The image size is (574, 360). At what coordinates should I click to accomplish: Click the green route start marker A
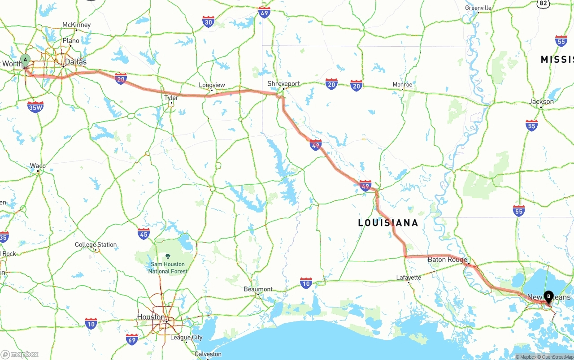pos(26,60)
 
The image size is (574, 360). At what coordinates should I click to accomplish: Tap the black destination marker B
pos(548,296)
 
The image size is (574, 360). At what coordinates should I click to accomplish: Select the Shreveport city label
pos(283,83)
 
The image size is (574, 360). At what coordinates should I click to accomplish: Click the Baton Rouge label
pos(447,260)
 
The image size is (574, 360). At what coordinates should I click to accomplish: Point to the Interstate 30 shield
pos(208,22)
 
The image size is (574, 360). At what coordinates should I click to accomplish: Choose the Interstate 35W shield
pos(35,107)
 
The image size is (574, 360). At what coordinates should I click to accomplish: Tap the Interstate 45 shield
pos(143,234)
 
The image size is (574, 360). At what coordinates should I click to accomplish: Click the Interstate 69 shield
pos(132,339)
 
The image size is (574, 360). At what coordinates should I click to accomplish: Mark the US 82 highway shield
pos(544,3)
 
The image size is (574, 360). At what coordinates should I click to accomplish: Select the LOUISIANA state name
pos(388,223)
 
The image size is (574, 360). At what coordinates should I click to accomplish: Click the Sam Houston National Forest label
pos(168,267)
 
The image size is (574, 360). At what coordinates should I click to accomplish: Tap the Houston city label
pos(151,317)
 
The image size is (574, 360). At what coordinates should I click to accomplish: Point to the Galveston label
pos(208,354)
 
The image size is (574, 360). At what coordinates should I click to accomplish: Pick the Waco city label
pos(38,166)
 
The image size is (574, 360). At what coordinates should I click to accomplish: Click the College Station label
pos(96,245)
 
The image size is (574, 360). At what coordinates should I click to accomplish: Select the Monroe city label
pos(402,84)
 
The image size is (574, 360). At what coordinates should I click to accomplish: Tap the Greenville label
pos(478,8)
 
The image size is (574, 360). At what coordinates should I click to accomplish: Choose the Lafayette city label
pos(409,278)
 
